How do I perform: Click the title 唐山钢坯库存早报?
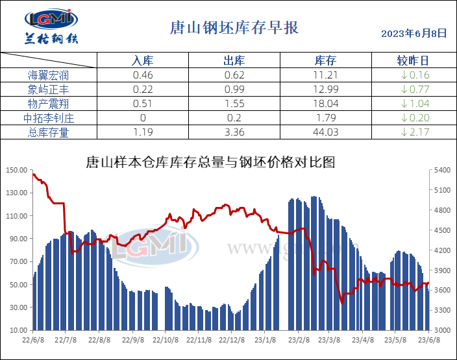(x=234, y=28)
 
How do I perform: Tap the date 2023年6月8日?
(x=414, y=33)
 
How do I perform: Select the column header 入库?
(x=142, y=61)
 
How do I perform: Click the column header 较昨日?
(x=413, y=61)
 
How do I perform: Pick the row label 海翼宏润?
(x=48, y=75)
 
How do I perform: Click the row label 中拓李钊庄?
(x=48, y=118)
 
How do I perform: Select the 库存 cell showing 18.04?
(x=325, y=104)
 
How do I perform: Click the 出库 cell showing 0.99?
(x=234, y=90)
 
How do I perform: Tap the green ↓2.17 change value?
(x=413, y=132)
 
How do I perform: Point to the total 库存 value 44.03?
(x=325, y=132)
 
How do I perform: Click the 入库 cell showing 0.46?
(x=142, y=75)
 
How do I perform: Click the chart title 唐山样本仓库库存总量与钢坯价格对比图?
(x=211, y=162)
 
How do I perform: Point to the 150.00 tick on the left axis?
(x=16, y=171)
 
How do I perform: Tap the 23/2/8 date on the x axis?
(x=297, y=339)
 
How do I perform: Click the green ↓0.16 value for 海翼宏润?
(x=413, y=75)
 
